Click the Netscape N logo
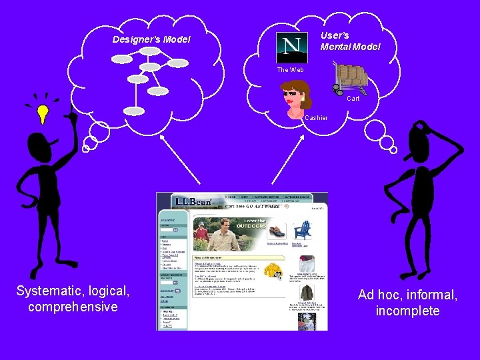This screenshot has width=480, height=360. tap(291, 47)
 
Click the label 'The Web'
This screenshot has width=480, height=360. tap(290, 70)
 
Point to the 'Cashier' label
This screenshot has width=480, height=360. tap(316, 118)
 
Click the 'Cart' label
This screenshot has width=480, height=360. tap(353, 99)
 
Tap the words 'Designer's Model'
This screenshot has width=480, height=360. tap(151, 40)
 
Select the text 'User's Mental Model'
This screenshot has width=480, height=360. tap(350, 41)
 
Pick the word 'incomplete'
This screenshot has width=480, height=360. tap(407, 311)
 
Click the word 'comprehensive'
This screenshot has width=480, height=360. tap(73, 307)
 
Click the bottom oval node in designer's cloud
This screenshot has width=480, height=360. tap(134, 111)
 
